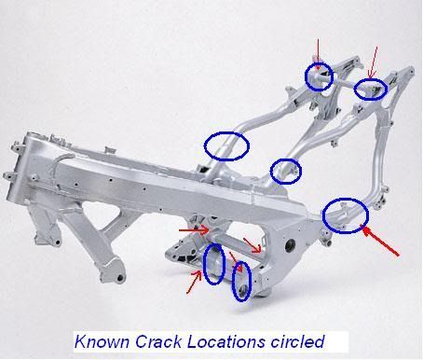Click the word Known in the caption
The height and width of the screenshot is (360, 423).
[x=102, y=341]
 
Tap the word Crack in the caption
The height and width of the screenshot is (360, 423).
[x=158, y=341]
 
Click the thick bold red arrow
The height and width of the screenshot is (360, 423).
[x=381, y=242]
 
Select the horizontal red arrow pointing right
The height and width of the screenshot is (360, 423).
[x=194, y=230]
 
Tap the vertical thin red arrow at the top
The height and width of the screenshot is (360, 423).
[x=318, y=54]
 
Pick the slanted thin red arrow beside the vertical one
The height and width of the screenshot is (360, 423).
[x=373, y=62]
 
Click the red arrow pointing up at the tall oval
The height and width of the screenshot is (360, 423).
[x=194, y=282]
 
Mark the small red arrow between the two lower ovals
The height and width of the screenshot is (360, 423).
[x=236, y=261]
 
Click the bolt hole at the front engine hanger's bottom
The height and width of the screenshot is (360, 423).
[x=120, y=278]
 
